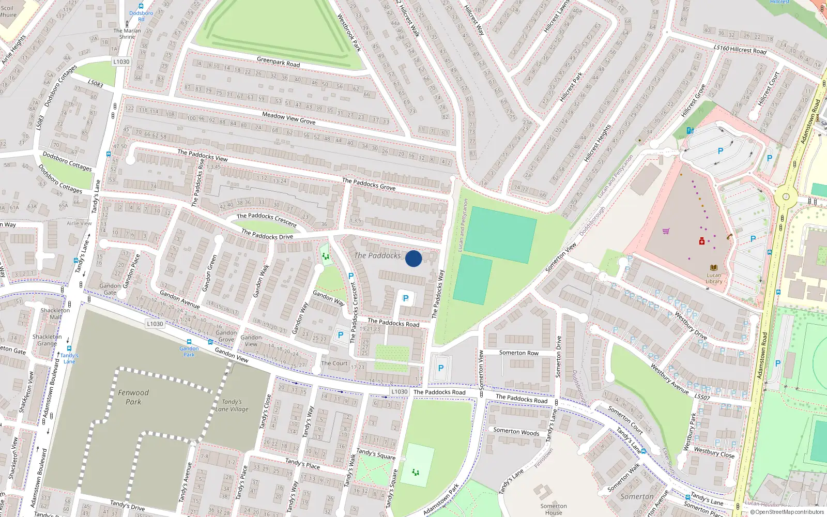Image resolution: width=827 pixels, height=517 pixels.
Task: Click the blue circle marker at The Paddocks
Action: tap(413, 258)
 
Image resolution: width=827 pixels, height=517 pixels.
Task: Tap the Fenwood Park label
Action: tap(133, 397)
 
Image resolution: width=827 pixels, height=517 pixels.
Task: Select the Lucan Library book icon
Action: tap(714, 268)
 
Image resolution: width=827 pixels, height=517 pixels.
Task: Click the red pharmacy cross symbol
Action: tap(702, 241)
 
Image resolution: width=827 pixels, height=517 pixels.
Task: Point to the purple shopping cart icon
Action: tap(666, 231)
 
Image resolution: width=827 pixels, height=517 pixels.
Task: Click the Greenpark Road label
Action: tap(278, 62)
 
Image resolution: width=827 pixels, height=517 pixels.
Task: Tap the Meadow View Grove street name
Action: tap(288, 118)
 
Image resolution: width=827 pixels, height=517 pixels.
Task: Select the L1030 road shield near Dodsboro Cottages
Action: tap(121, 62)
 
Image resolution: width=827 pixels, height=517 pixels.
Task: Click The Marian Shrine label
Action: tap(127, 34)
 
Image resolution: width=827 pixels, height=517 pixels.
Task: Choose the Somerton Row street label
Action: tap(518, 353)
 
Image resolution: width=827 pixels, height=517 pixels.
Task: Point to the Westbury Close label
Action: tap(714, 452)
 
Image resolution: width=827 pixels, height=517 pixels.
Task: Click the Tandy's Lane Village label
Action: tap(232, 405)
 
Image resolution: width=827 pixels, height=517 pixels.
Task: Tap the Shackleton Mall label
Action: tap(55, 314)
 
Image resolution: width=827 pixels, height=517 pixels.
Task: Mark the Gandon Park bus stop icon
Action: tap(189, 342)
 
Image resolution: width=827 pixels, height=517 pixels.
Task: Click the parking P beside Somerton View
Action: tap(441, 368)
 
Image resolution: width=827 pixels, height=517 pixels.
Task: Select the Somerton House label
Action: tap(554, 509)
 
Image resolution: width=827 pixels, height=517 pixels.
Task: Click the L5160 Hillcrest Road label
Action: tap(740, 49)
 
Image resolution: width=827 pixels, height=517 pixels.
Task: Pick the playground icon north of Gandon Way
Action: tap(326, 255)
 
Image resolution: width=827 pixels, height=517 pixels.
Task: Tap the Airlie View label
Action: tap(79, 223)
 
